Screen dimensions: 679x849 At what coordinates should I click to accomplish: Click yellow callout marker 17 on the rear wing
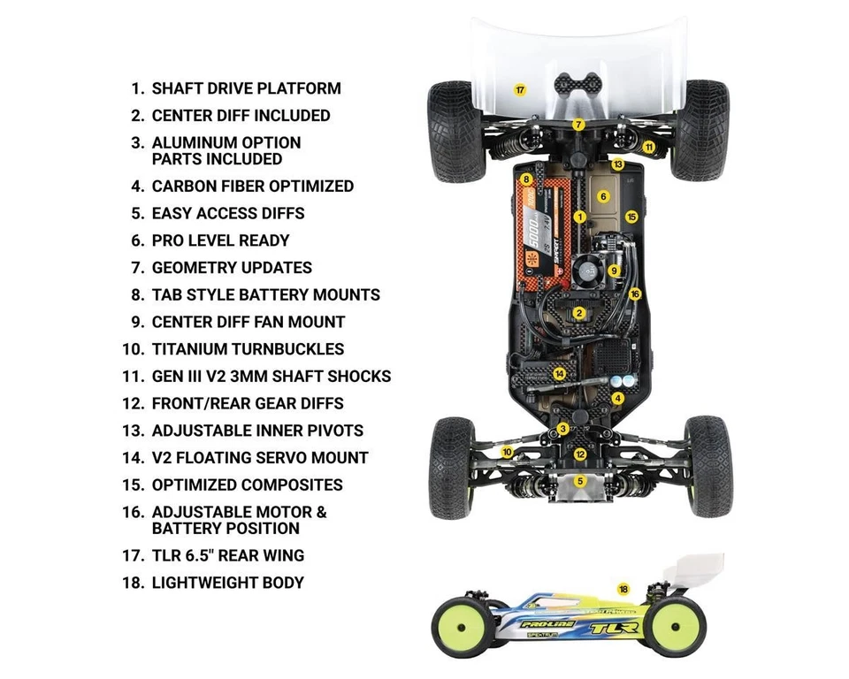coord(520,90)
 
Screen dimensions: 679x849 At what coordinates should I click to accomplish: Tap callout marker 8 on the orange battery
coord(527,179)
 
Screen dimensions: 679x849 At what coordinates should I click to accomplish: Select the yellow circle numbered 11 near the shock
coord(648,147)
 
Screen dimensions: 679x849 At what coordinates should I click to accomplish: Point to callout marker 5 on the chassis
coord(580,481)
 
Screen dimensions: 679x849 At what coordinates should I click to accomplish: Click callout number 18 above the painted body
coord(623,589)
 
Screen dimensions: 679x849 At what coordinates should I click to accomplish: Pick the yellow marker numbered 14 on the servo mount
coord(559,374)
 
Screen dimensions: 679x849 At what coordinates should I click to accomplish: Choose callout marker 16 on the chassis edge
coord(634,294)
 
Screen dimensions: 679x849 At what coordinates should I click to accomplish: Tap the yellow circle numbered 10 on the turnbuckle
coord(507,452)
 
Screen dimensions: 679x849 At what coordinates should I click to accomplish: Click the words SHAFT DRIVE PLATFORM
coord(246,88)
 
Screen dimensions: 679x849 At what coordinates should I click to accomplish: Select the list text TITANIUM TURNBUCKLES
coord(248,349)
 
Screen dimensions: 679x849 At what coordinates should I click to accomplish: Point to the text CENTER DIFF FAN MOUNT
coord(248,322)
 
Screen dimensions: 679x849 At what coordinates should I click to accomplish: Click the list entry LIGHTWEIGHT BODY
coord(227,583)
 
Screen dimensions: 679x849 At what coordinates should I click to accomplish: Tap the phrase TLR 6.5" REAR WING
coord(227,555)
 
